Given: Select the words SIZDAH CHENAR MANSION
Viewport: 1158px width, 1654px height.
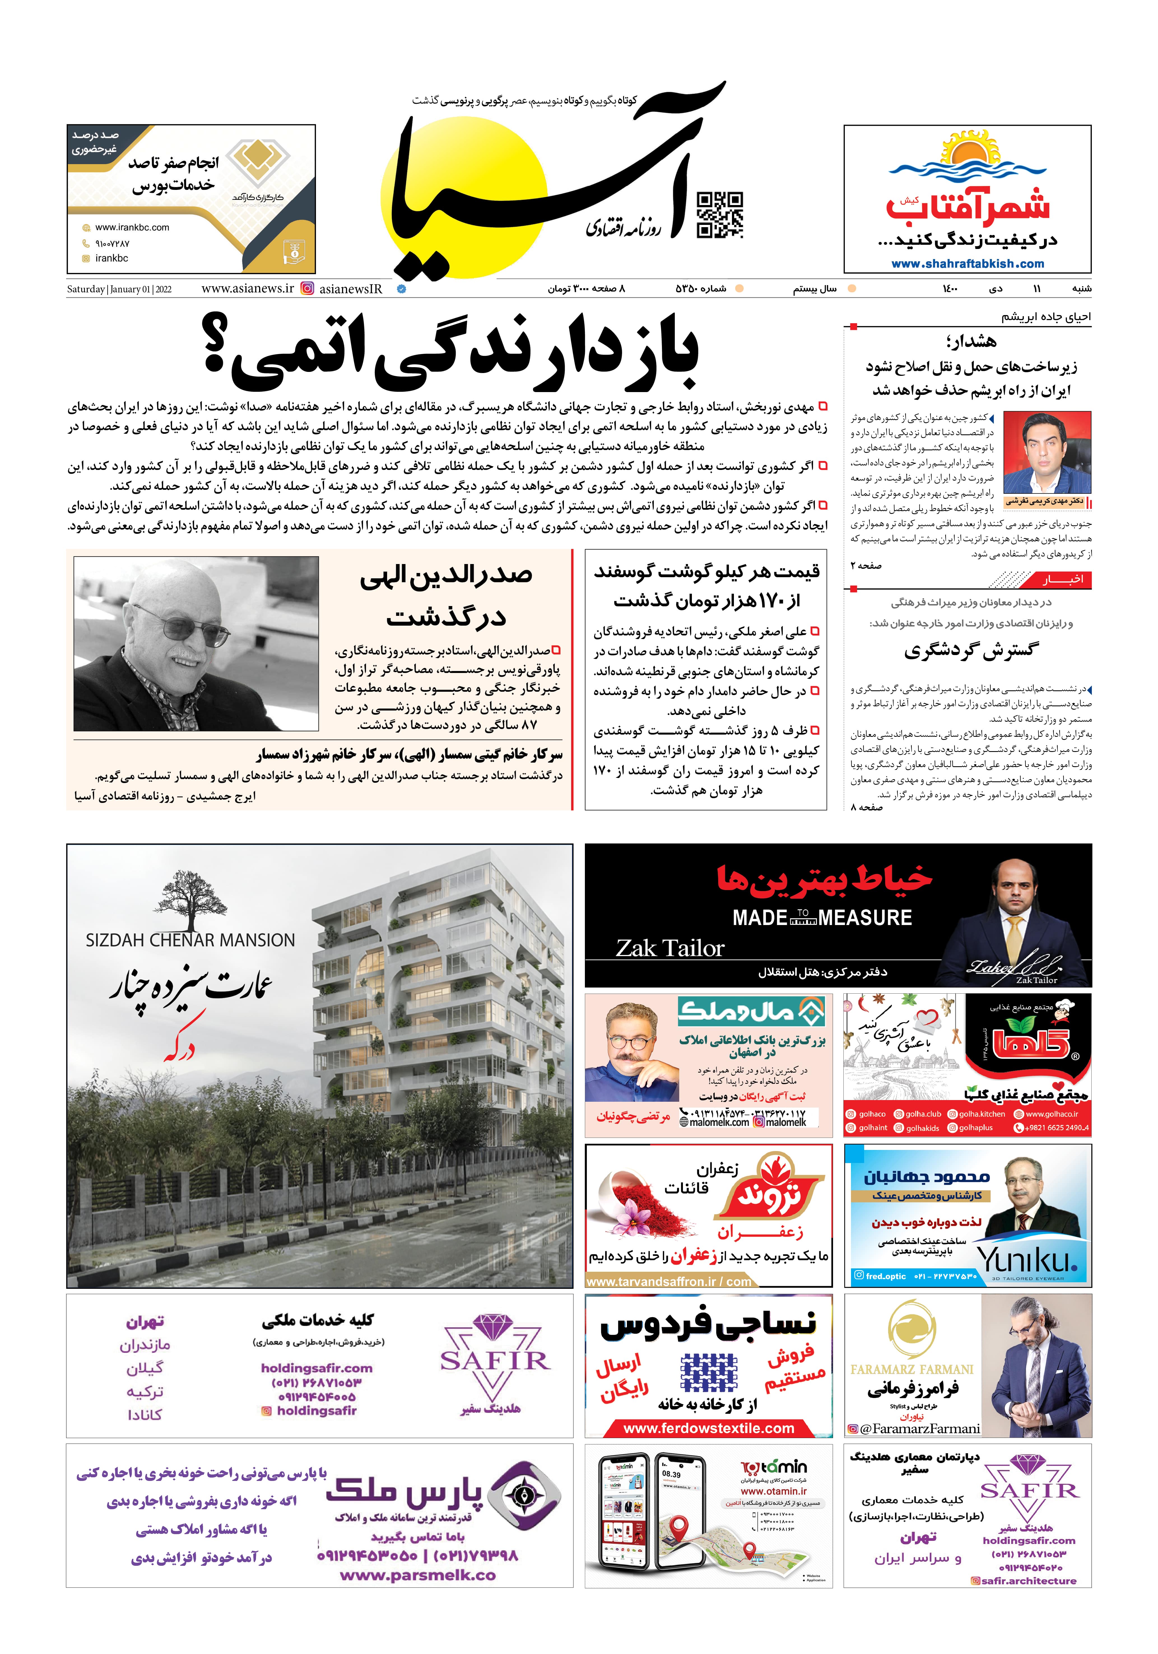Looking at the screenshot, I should pos(190,940).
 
